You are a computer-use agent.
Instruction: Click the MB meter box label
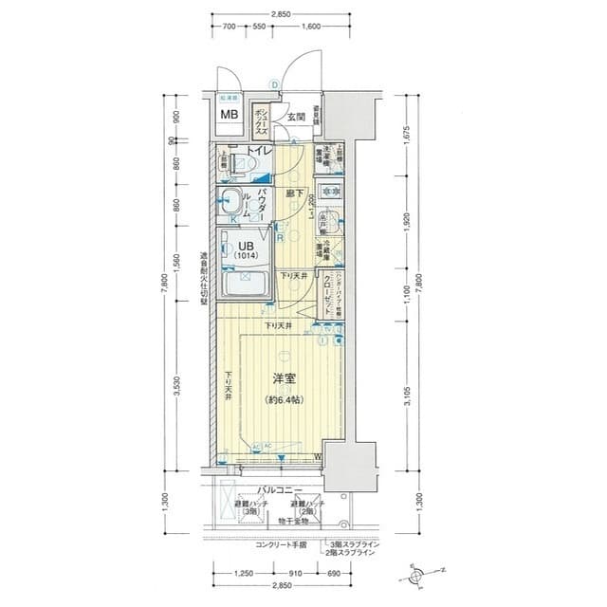point(229,115)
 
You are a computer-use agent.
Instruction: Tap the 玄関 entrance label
point(297,118)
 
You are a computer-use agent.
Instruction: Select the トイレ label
point(260,151)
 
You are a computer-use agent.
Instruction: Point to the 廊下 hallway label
point(295,193)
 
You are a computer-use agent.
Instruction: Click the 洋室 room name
point(283,378)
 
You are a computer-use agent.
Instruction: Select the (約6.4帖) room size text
point(284,400)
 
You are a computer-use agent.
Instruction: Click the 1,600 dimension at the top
point(311,28)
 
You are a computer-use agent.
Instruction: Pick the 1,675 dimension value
point(405,134)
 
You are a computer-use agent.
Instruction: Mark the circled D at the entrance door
point(274,85)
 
